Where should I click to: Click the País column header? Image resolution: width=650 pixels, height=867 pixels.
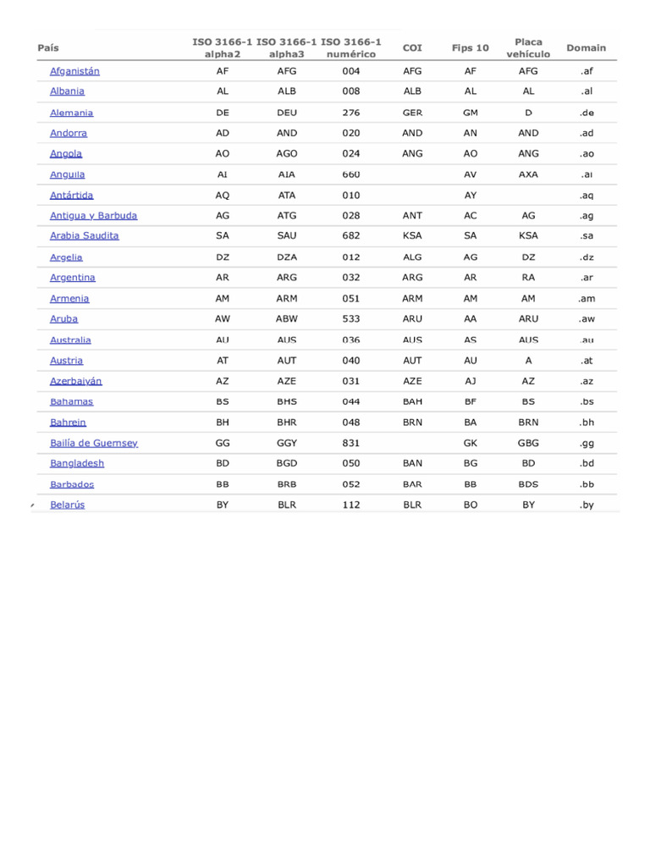[48, 48]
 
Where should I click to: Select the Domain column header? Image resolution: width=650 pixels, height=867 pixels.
[586, 48]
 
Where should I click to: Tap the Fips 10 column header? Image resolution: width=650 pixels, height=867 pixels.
[471, 48]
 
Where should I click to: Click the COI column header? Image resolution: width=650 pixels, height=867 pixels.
[412, 48]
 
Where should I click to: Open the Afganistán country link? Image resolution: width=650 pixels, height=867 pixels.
[74, 71]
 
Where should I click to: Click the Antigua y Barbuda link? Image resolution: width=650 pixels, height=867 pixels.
[93, 216]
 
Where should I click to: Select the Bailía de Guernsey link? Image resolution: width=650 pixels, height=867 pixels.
[94, 443]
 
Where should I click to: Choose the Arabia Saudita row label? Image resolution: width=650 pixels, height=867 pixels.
[85, 236]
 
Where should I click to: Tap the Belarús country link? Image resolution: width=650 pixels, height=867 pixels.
[68, 505]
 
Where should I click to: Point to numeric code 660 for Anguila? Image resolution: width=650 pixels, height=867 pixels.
[351, 174]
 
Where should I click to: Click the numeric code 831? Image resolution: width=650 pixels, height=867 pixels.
[351, 443]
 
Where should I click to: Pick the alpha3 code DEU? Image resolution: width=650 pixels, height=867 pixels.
[287, 113]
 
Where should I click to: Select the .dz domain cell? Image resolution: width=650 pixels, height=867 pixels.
[587, 257]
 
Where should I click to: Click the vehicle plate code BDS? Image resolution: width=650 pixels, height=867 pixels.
[529, 484]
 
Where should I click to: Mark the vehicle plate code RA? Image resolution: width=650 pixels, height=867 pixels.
[529, 278]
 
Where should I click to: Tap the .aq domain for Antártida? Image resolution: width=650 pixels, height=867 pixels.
[587, 196]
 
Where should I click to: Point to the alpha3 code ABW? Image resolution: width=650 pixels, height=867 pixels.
[287, 319]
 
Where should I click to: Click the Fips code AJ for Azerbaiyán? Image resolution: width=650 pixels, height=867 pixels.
[471, 381]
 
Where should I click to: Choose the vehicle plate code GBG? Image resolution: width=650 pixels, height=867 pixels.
[529, 443]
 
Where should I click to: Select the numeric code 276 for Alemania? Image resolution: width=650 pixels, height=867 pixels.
[351, 113]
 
